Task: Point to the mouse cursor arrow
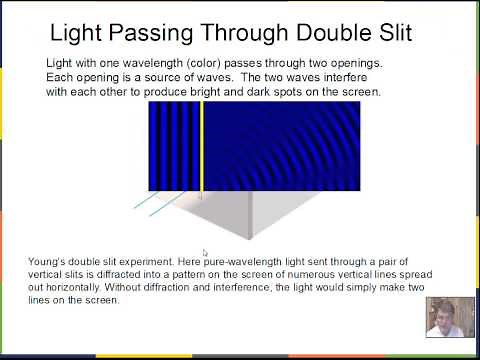(205, 253)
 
